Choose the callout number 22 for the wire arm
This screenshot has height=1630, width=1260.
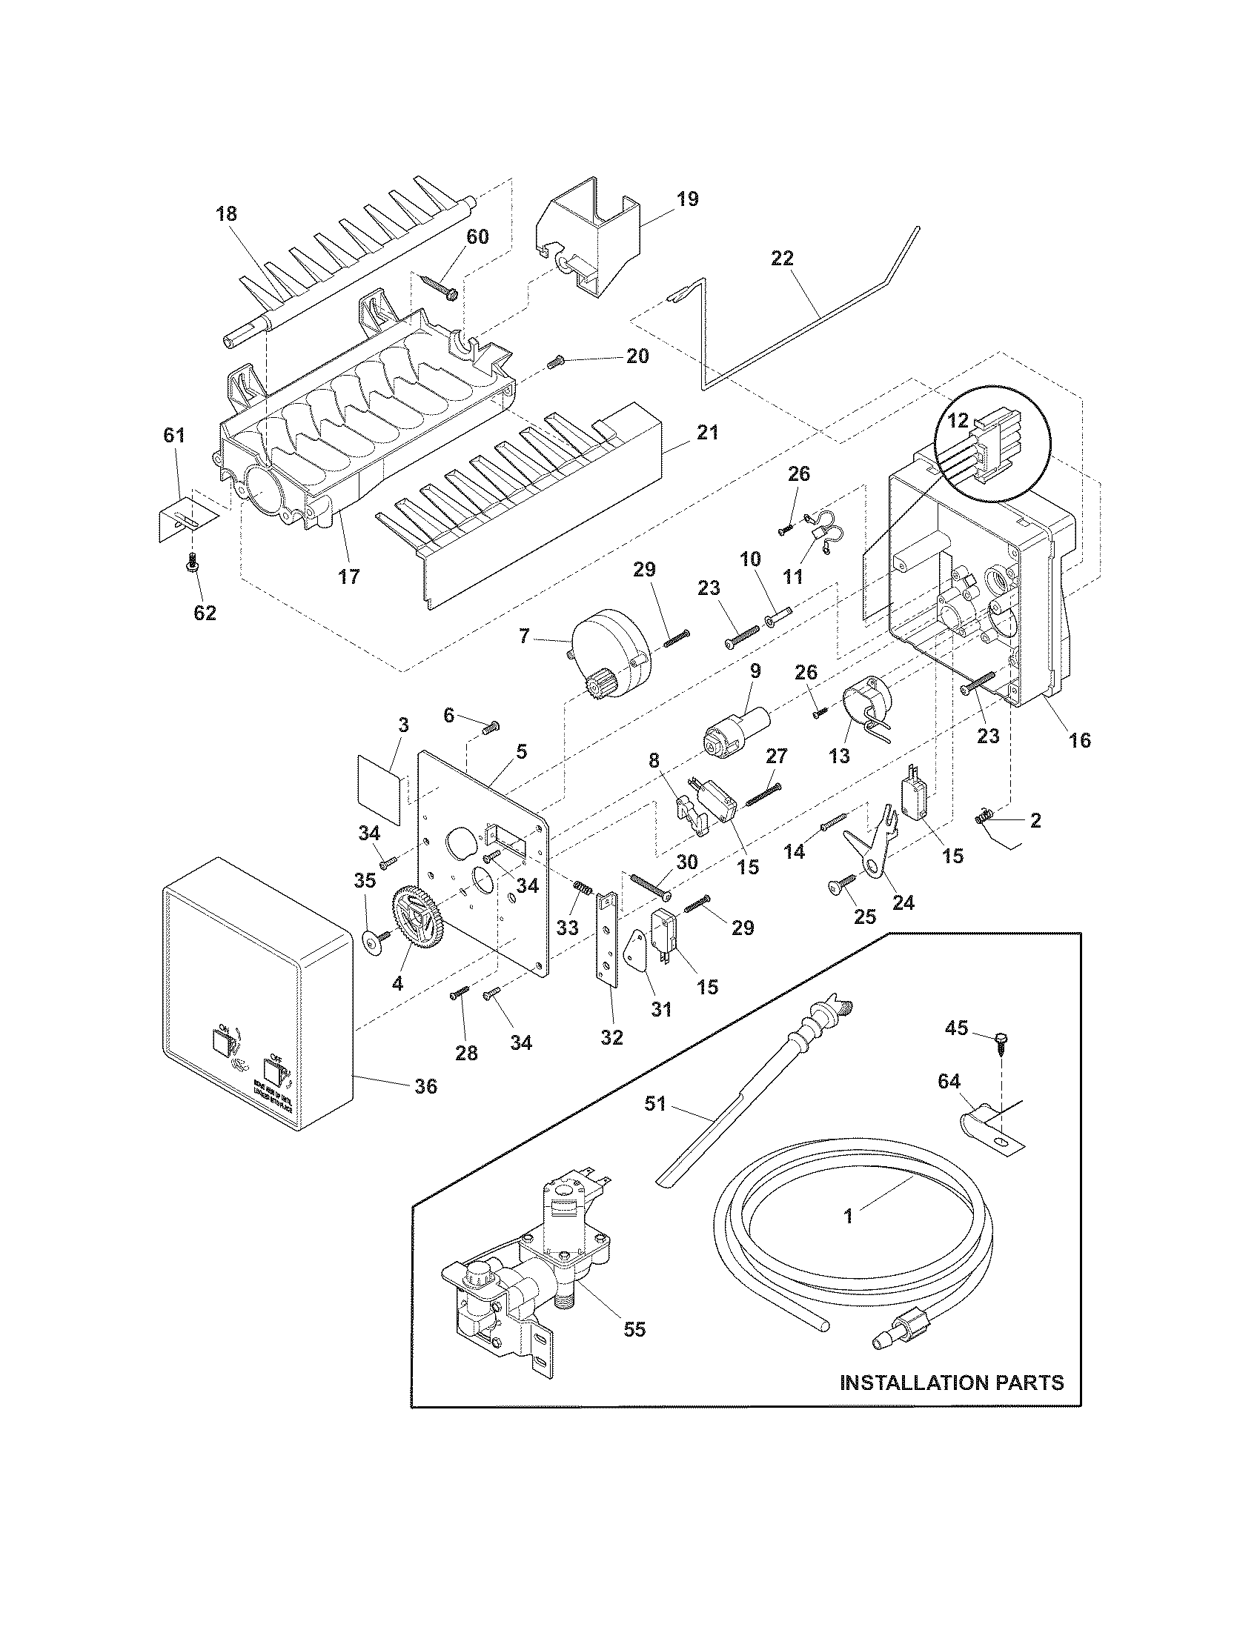(783, 259)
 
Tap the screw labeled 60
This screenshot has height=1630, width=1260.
(440, 287)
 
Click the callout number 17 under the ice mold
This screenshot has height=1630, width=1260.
(348, 576)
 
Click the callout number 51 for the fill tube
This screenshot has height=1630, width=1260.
(654, 1103)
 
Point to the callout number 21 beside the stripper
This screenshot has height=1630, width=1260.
(707, 432)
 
